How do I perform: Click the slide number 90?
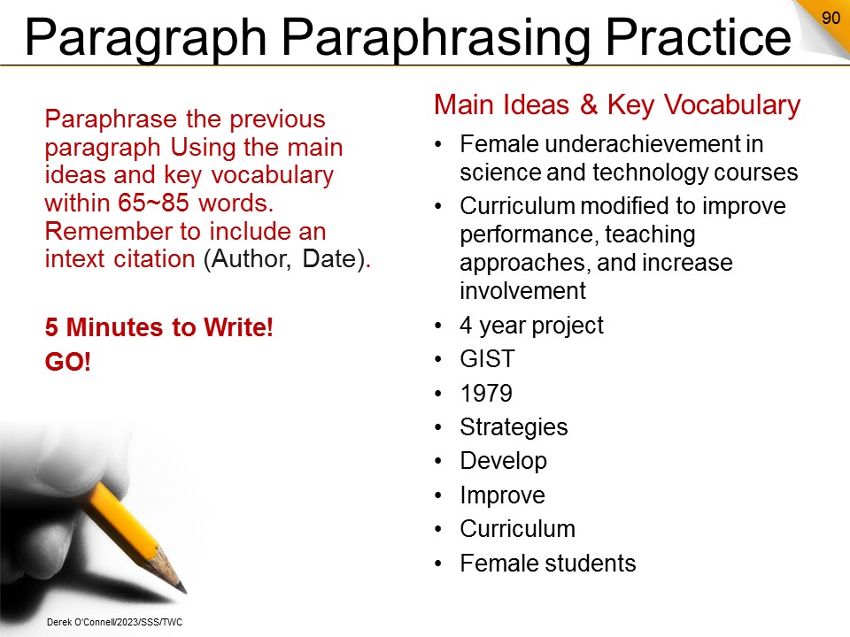(831, 18)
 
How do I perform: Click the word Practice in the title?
(698, 37)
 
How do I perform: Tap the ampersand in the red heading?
(589, 104)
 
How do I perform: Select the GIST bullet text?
(487, 359)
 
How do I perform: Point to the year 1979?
(486, 393)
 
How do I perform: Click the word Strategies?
(514, 426)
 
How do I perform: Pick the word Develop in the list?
(504, 461)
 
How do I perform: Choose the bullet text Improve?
(503, 495)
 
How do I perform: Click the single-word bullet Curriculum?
(518, 529)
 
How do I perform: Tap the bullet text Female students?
(548, 564)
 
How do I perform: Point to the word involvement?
(523, 291)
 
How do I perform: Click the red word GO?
(68, 362)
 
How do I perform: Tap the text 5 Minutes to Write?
(158, 327)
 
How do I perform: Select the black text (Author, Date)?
(284, 259)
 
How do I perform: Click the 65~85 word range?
(153, 203)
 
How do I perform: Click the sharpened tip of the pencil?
(182, 589)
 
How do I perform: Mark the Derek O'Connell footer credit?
(114, 622)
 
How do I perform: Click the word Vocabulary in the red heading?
(732, 104)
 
